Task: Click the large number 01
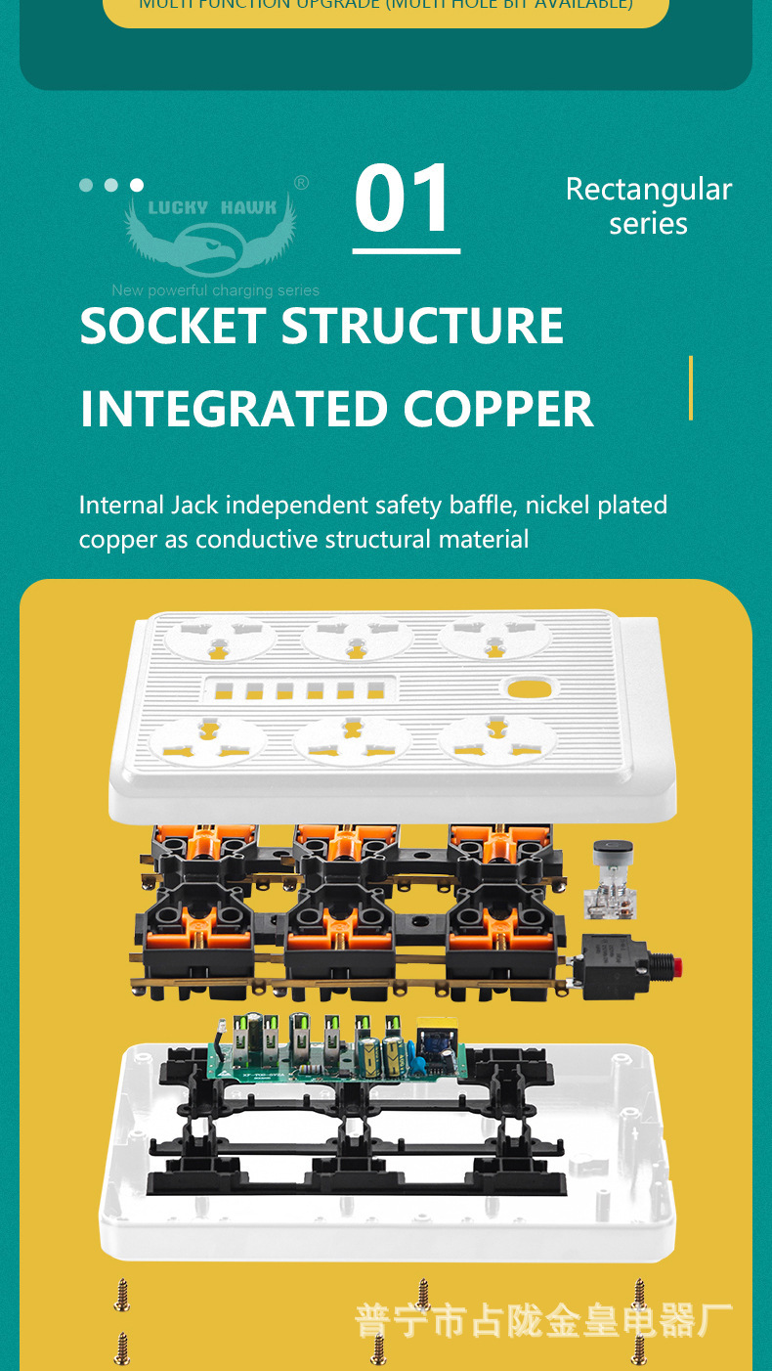click(x=405, y=199)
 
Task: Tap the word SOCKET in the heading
click(x=173, y=327)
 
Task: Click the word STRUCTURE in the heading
click(x=422, y=327)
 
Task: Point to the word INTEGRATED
click(x=233, y=410)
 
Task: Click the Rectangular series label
click(x=648, y=205)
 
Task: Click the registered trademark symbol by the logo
click(x=301, y=183)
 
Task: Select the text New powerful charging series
click(x=215, y=290)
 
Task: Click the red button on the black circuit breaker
click(x=674, y=968)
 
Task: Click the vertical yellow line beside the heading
click(x=691, y=387)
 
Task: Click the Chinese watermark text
click(x=543, y=1320)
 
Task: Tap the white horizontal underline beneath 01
click(x=406, y=251)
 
